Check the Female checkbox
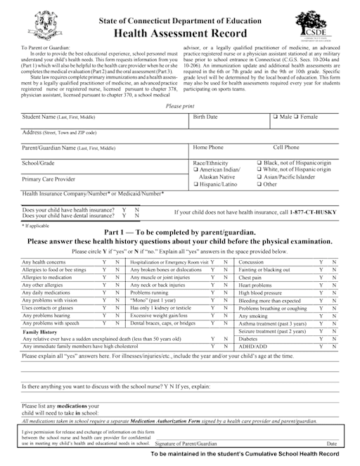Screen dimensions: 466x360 297,116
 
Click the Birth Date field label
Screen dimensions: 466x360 205,116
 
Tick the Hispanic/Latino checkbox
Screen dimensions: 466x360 195,184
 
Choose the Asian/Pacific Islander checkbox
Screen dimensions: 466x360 259,177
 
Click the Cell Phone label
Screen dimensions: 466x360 285,148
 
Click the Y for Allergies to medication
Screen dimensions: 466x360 104,278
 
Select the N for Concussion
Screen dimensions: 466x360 334,261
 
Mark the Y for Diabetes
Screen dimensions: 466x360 321,337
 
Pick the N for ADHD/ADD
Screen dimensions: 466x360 334,346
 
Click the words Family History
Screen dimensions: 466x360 40,330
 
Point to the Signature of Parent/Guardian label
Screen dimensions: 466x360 186,444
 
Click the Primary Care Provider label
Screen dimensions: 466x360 49,179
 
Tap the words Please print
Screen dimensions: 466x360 179,105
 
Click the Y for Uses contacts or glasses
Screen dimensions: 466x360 104,307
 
